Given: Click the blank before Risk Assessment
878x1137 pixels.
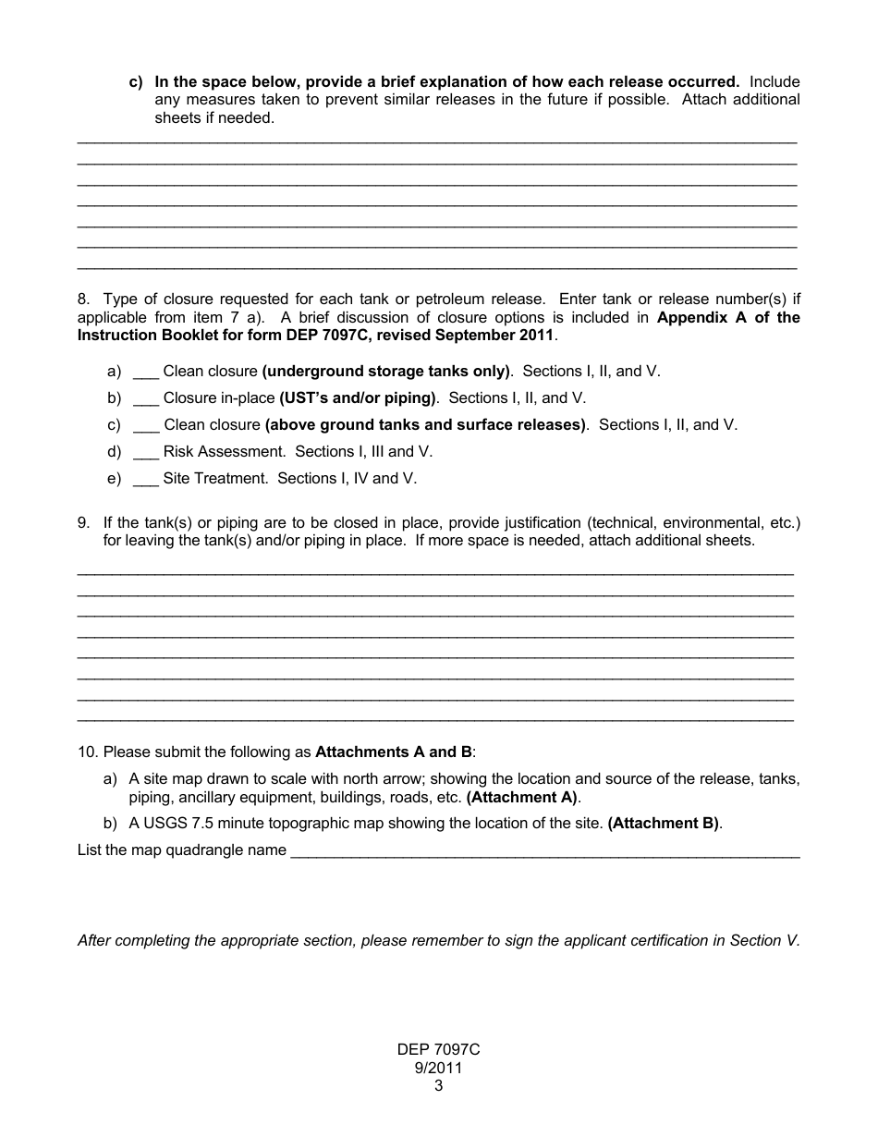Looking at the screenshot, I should click(146, 452).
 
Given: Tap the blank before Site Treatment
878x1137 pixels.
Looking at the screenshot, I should click(146, 479).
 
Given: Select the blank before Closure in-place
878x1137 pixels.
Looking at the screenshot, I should click(146, 398).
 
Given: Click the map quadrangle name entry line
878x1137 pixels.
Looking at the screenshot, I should click(544, 851).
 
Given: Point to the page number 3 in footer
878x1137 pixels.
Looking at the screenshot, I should click(438, 1086).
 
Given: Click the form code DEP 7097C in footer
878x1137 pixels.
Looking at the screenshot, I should click(438, 1050).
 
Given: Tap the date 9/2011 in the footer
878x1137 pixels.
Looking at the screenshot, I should click(438, 1069).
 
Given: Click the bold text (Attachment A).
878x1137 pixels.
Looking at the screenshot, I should click(522, 797).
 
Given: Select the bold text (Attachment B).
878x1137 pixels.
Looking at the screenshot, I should click(663, 824).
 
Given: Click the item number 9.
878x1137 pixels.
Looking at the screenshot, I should click(83, 523).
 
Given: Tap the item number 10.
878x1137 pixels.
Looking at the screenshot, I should click(87, 752).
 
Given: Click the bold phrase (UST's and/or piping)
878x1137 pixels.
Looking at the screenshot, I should click(358, 398).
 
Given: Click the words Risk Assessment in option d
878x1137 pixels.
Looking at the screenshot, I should click(224, 452).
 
